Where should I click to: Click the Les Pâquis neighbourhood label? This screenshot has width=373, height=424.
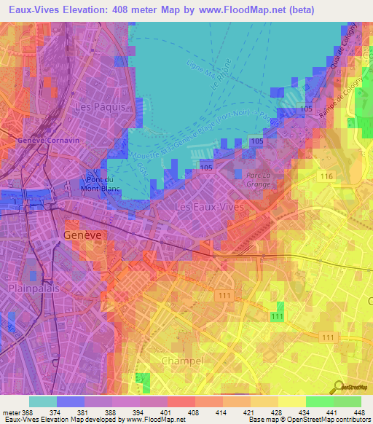click(101, 106)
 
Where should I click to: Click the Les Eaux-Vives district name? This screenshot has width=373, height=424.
click(210, 208)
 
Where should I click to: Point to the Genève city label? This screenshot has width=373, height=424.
click(82, 236)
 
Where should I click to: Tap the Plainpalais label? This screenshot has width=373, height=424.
click(32, 288)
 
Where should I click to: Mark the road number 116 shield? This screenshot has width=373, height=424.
click(326, 178)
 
